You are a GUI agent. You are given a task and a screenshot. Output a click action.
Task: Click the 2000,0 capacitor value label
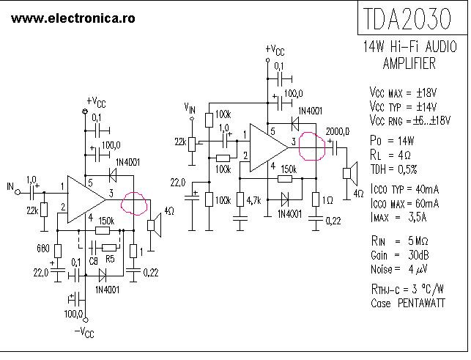click(338, 131)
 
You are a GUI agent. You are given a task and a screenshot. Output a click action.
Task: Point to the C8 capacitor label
click(92, 259)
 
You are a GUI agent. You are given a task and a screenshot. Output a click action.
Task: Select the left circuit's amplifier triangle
click(86, 199)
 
